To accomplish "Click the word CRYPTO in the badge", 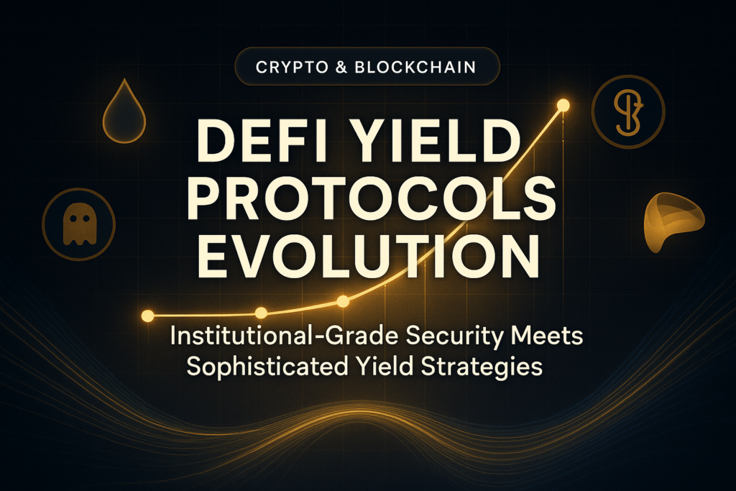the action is point(292,67).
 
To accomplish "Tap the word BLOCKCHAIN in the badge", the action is point(415,67).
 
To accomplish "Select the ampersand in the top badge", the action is point(341,67).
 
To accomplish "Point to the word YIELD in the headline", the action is point(440,142).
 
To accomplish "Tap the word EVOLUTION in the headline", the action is point(368,257).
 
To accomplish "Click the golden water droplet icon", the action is point(124,111).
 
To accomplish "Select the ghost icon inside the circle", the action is point(80,224).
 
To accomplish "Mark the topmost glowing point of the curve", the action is point(563,106).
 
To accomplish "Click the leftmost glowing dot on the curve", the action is point(147,316).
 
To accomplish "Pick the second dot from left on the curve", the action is point(261,313).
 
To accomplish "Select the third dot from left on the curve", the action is point(343,301).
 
